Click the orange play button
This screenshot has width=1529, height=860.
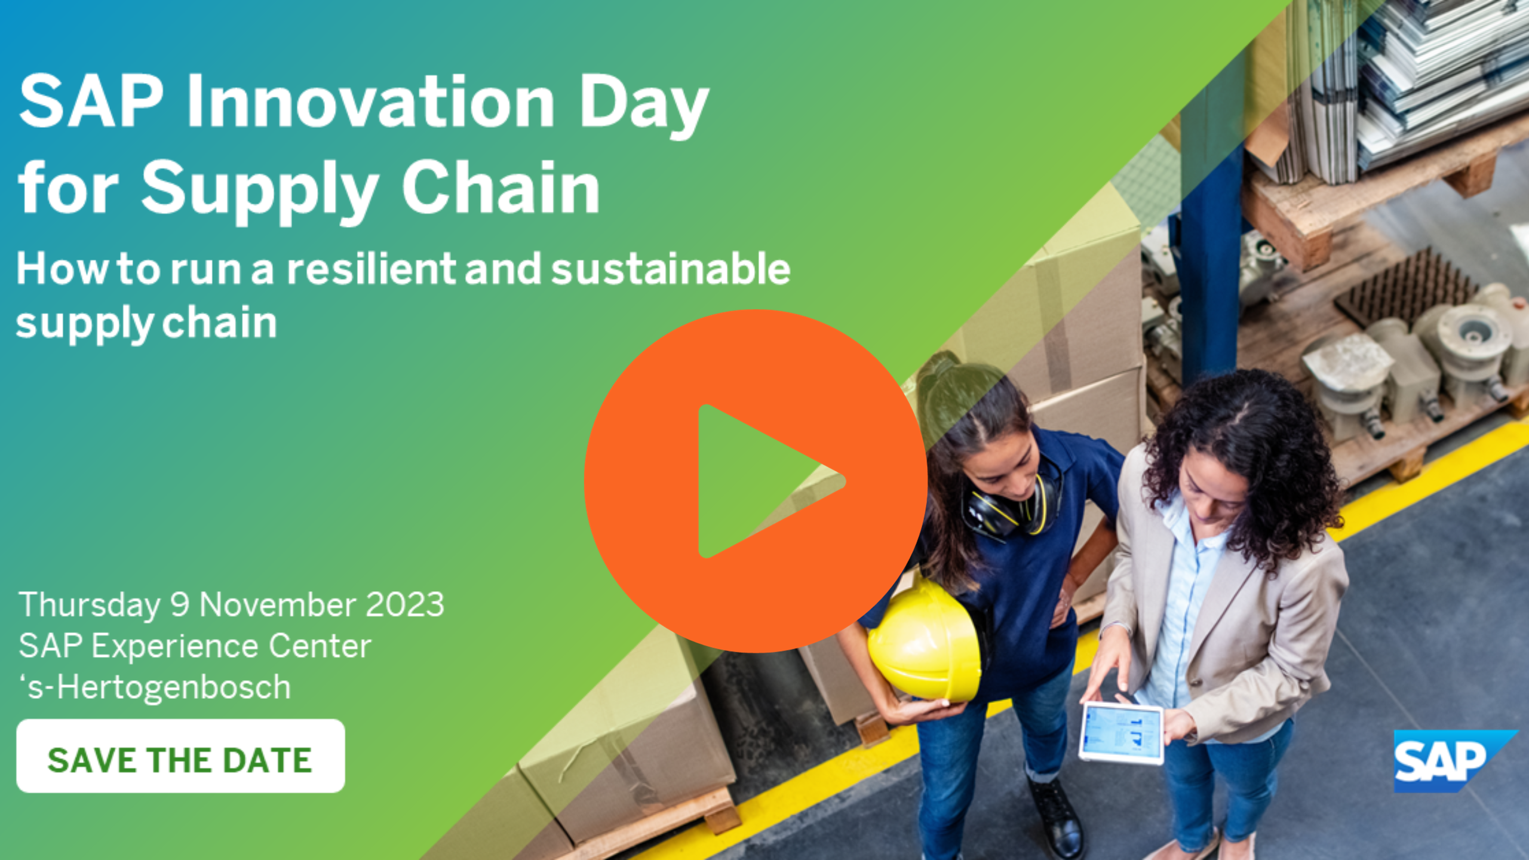pyautogui.click(x=756, y=481)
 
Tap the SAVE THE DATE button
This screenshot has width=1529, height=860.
pyautogui.click(x=180, y=756)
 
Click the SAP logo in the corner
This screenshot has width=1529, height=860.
pyautogui.click(x=1445, y=761)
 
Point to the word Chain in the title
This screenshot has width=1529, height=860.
pyautogui.click(x=501, y=188)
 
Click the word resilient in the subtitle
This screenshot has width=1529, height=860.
pyautogui.click(x=371, y=269)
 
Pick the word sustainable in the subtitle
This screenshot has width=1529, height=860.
pyautogui.click(x=670, y=269)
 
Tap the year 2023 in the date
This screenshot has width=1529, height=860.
pyautogui.click(x=404, y=604)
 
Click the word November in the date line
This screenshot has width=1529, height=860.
pyautogui.click(x=278, y=604)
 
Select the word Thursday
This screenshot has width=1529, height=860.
pyautogui.click(x=90, y=604)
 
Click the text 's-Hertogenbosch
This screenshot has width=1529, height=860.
pyautogui.click(x=155, y=687)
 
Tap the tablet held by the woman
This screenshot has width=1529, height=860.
pyautogui.click(x=1122, y=732)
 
